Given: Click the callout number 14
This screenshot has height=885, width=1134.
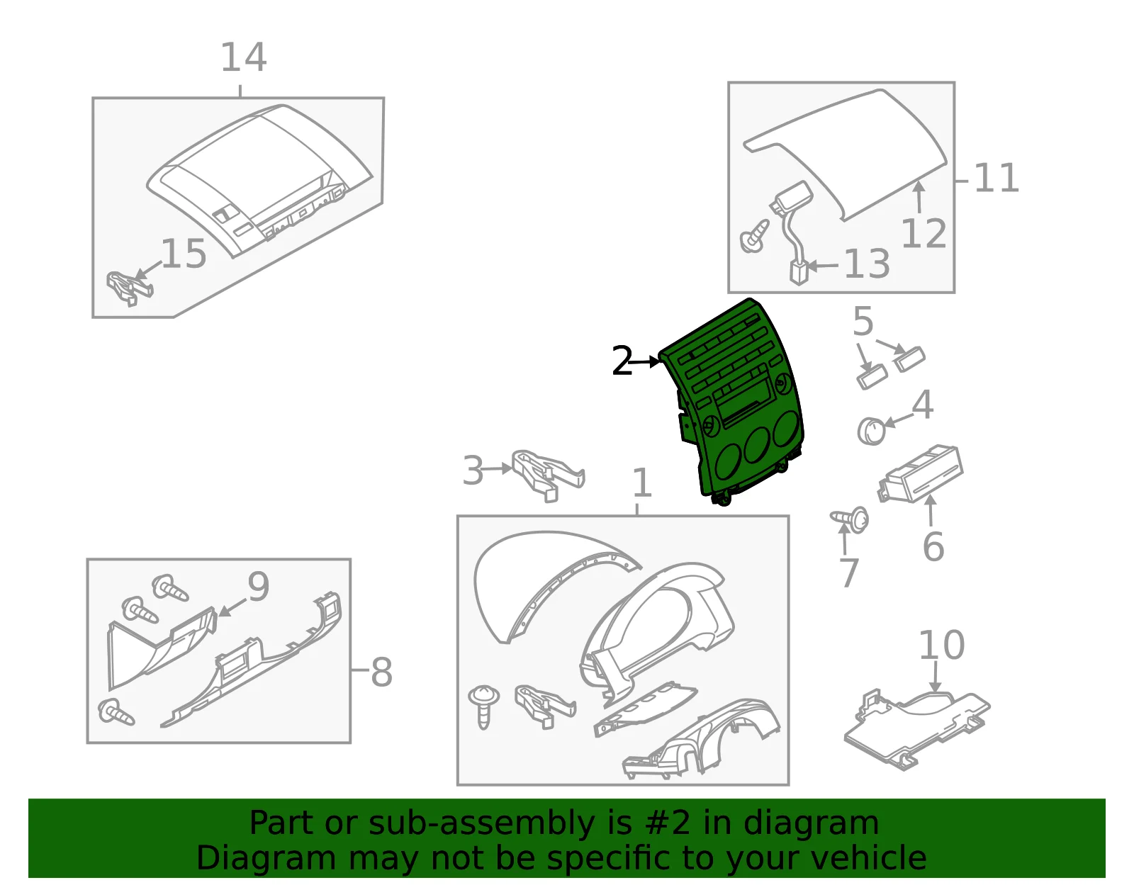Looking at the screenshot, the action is click(244, 57).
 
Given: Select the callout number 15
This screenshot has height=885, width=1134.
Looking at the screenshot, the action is click(184, 254).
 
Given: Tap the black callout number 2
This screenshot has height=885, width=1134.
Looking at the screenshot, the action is click(622, 361).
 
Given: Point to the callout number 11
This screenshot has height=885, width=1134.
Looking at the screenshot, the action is click(997, 179).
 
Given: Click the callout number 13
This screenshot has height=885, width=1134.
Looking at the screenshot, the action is click(867, 264).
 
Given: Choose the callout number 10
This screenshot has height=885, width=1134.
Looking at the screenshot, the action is click(941, 645).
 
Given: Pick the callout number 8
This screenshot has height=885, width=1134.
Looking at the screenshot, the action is click(381, 672).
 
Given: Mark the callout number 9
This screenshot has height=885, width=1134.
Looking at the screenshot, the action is click(258, 586).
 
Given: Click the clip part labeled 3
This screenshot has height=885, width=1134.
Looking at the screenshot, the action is click(548, 475).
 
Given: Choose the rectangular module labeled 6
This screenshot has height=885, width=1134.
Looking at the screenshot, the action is click(921, 473).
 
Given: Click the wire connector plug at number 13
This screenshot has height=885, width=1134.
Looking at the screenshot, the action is click(798, 273).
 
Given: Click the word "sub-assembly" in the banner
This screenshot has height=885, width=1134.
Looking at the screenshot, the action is click(481, 823).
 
